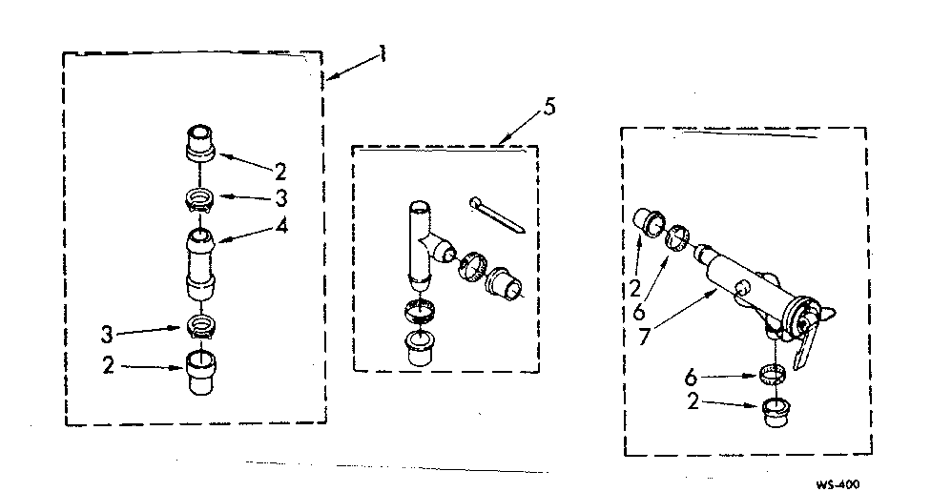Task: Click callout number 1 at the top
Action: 383,54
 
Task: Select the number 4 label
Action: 280,228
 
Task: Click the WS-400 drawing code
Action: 838,483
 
